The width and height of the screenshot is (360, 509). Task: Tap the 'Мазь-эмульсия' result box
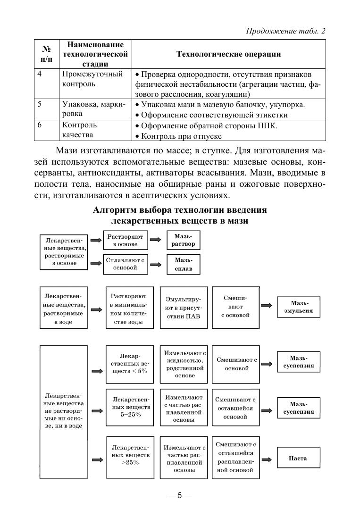pos(301,307)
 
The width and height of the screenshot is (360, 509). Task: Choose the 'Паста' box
pos(298,458)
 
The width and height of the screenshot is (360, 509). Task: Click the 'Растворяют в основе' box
pos(125,240)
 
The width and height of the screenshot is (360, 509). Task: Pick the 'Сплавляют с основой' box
pos(125,264)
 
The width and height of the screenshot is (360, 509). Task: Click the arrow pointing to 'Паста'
pos(267,459)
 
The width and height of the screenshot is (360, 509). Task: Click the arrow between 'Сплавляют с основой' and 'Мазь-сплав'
pos(155,264)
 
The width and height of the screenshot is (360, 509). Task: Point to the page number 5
pos(180,496)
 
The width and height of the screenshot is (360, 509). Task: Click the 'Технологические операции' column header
pos(228,54)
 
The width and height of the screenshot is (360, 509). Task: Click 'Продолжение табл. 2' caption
pos(286,31)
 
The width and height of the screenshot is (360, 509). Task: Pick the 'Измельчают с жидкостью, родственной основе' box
pos(184,364)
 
